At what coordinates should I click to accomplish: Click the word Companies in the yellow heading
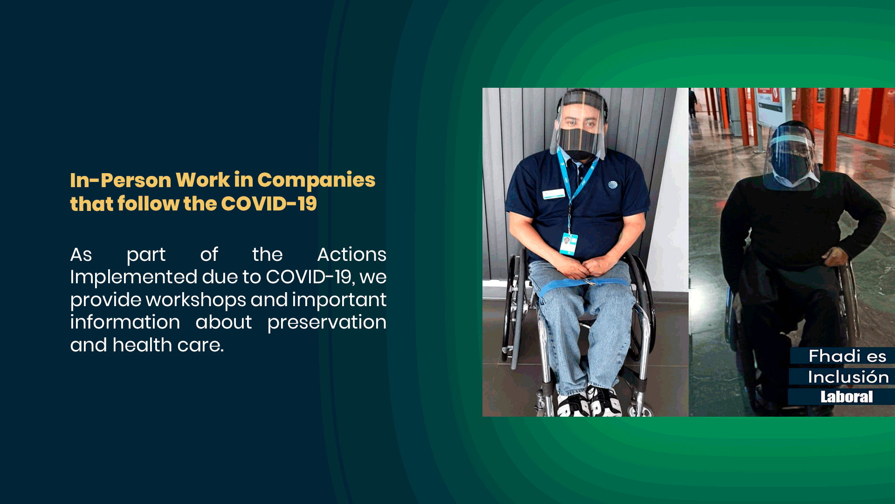tap(316, 180)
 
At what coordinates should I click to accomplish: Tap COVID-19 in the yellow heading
tap(269, 203)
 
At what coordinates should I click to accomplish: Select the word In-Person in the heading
tap(121, 180)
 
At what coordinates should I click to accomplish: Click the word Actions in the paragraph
tap(352, 254)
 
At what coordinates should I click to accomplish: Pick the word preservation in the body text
tap(327, 322)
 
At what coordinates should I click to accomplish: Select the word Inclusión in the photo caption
tap(848, 377)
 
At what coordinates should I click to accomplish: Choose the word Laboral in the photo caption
tap(847, 397)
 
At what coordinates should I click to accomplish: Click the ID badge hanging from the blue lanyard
tap(568, 244)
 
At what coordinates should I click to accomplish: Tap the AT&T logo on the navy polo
tap(613, 185)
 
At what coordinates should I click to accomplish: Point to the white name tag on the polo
tap(553, 194)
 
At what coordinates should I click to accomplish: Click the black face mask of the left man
tap(579, 143)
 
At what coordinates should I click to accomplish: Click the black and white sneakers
tap(589, 401)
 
